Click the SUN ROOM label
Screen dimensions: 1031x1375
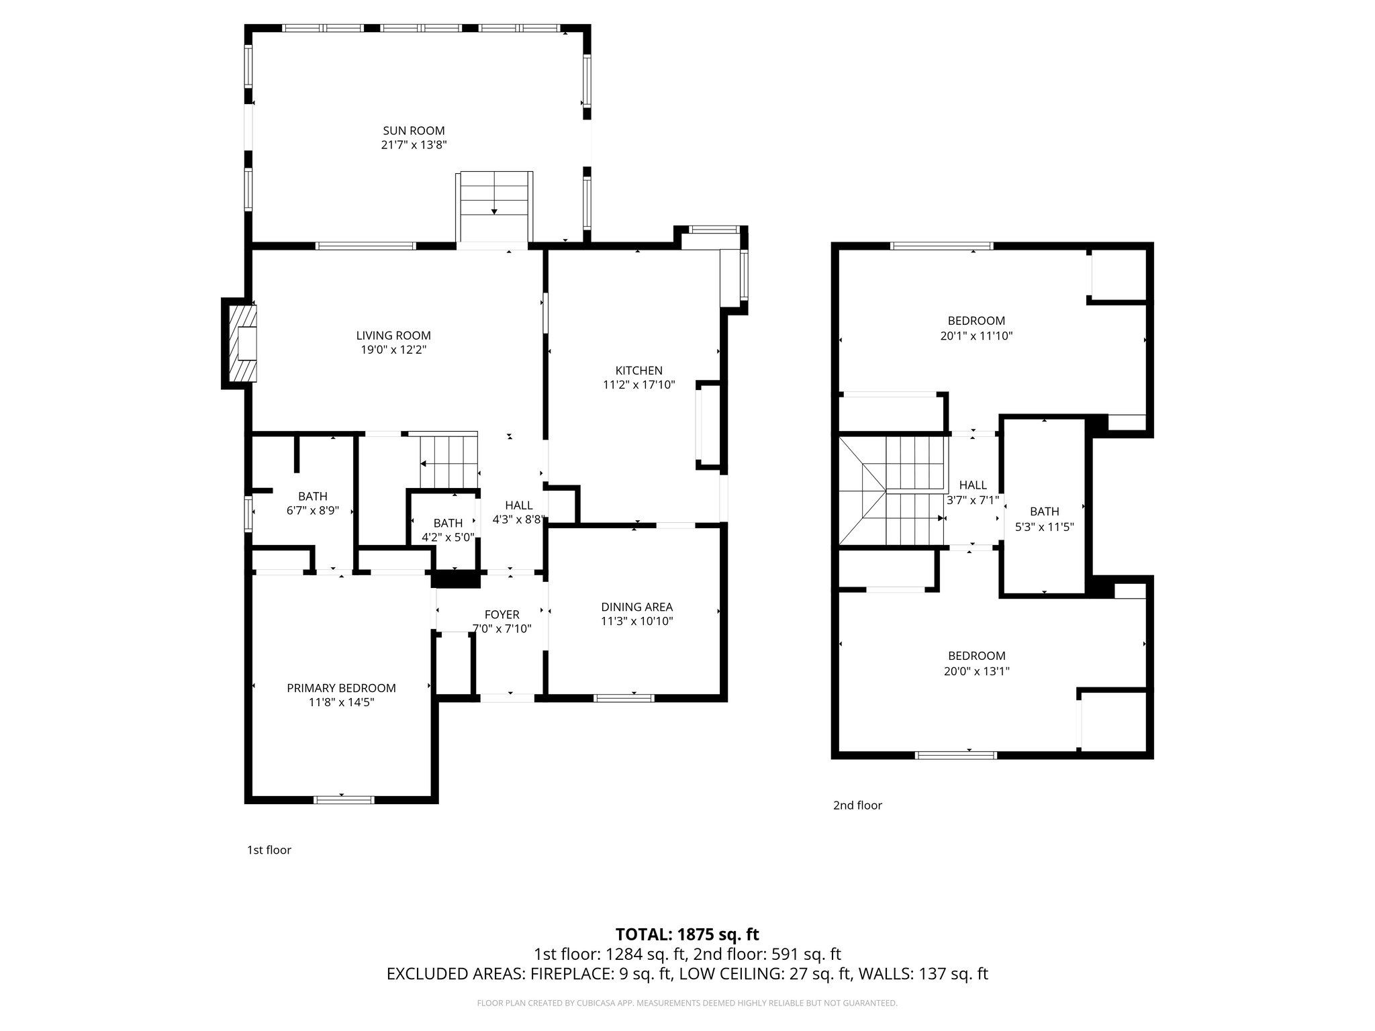coord(414,131)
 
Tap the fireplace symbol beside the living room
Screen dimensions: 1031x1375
coord(242,344)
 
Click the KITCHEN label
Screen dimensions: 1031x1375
coord(638,371)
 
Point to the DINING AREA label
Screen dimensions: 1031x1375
coord(636,607)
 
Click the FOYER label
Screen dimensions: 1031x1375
coord(502,614)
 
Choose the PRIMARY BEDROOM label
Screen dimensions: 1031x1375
coord(341,688)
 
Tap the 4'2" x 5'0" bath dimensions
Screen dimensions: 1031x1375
coord(448,537)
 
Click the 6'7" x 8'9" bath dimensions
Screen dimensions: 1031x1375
coord(313,510)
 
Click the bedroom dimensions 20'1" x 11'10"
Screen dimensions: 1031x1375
coord(976,336)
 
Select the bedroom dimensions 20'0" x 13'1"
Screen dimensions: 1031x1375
coord(976,671)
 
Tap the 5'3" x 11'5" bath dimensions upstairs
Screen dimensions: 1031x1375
coord(1044,527)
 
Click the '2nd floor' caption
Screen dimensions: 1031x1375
coord(857,805)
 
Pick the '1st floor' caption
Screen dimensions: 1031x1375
coord(269,850)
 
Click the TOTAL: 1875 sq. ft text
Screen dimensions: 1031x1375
coord(687,934)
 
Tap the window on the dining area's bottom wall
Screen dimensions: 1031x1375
coord(624,698)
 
